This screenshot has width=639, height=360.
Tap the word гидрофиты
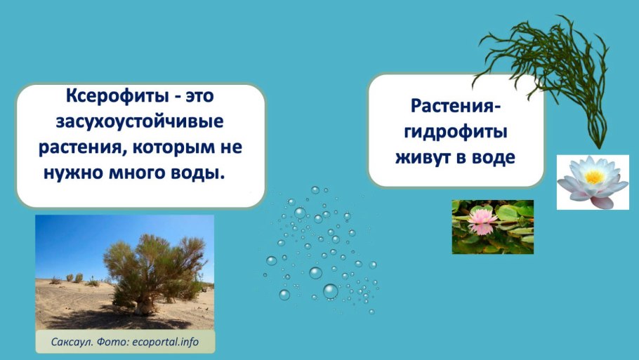click(456, 132)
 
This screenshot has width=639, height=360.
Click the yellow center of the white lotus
click(593, 178)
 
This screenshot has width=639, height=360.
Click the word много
click(140, 173)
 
